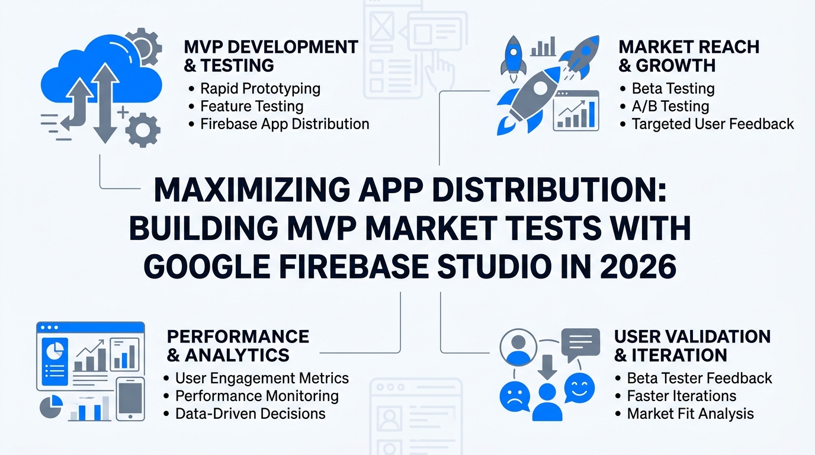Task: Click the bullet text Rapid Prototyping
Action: [260, 88]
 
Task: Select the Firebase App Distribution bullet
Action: [284, 124]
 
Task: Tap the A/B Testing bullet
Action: [670, 106]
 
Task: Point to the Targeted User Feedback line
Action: [713, 124]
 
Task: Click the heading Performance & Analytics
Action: [238, 346]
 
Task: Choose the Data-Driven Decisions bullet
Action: [251, 414]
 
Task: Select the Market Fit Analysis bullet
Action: [690, 414]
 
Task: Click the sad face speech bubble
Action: [515, 398]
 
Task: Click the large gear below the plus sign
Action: [143, 130]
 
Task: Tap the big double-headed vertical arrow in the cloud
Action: [105, 103]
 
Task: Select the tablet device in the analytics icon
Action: [130, 399]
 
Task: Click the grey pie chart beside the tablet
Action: [50, 406]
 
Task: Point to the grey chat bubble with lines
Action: [580, 344]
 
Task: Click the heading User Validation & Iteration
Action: [692, 346]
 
